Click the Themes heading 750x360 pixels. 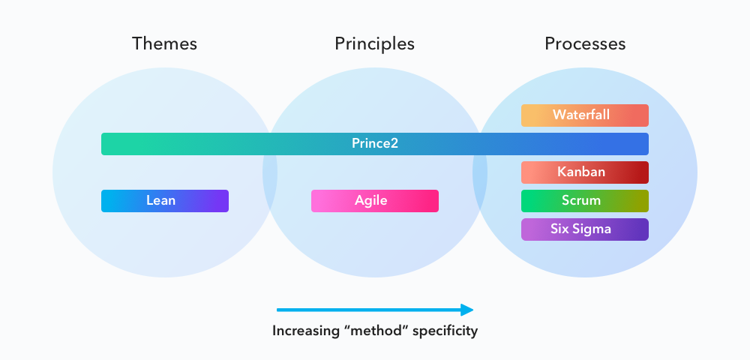(164, 43)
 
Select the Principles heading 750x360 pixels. (374, 43)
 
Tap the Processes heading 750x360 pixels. (585, 43)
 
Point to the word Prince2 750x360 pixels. (375, 143)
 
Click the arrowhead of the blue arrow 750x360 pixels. (467, 309)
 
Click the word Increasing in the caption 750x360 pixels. (303, 331)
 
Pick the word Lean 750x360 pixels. (161, 201)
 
